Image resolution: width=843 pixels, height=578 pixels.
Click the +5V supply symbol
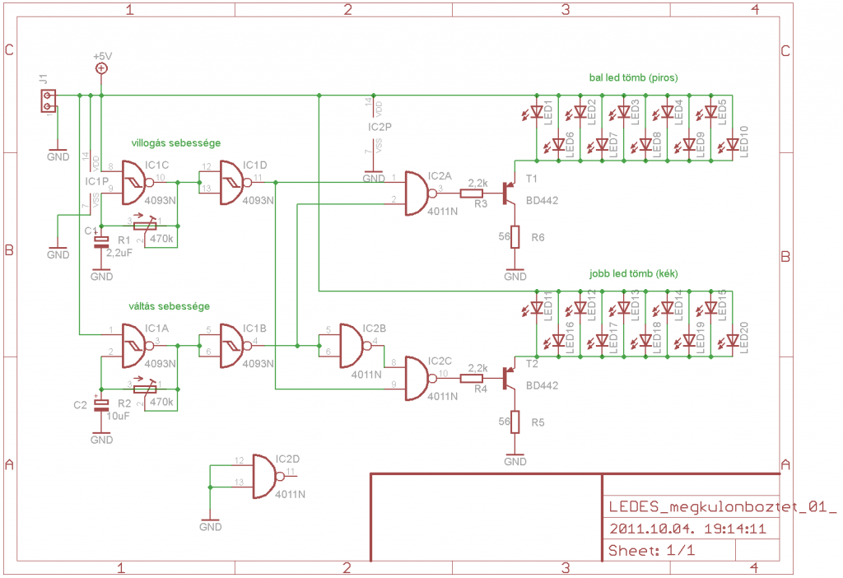[x=101, y=68]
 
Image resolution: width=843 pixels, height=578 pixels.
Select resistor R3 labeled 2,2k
[x=472, y=194]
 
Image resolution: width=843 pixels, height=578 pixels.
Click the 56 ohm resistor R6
[x=515, y=237]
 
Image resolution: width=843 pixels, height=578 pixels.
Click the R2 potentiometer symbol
[x=152, y=389]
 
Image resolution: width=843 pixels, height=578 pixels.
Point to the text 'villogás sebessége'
[x=175, y=142]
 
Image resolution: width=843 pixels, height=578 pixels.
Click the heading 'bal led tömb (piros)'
[x=633, y=78]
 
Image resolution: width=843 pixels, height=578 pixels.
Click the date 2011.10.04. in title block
[x=646, y=529]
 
